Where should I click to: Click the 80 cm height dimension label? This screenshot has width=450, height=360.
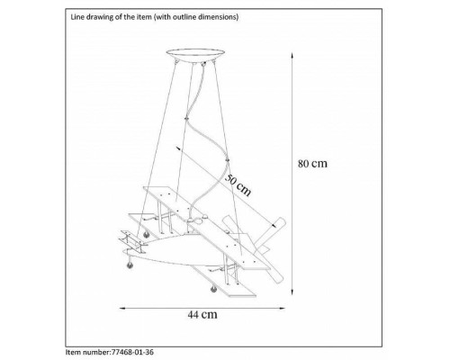pos(312,164)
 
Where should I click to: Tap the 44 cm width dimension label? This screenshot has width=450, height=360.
pos(202,314)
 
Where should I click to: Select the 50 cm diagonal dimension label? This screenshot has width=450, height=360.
pos(238,184)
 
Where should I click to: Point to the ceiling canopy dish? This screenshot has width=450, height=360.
pos(195,56)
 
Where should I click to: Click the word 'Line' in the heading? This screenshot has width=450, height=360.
pos(76,17)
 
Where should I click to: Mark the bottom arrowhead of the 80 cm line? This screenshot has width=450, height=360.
pos(292,292)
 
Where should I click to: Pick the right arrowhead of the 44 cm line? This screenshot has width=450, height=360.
pos(282,308)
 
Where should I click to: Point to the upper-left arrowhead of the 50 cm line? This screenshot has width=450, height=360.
pos(178,148)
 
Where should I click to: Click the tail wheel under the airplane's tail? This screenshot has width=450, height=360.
pos(130,265)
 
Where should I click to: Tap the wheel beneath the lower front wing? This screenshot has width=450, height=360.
pos(213,289)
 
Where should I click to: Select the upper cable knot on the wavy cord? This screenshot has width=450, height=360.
pos(186,118)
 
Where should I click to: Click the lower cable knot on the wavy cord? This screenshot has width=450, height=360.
pos(227,159)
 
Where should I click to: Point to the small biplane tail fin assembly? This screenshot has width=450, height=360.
pos(132,241)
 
